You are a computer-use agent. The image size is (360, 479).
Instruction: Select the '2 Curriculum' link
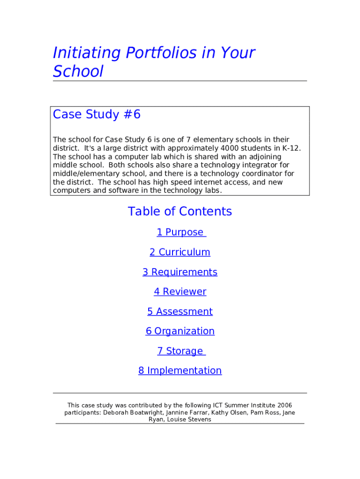click(x=180, y=252)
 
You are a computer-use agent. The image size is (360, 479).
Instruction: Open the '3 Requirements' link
click(x=180, y=272)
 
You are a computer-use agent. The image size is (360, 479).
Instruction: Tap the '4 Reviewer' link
click(x=180, y=292)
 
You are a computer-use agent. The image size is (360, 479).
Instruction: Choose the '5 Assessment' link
click(x=180, y=312)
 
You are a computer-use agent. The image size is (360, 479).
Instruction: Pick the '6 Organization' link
click(x=180, y=331)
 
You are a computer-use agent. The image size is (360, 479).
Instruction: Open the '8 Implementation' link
click(x=180, y=370)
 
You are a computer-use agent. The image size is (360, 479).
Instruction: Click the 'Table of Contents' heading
click(x=180, y=211)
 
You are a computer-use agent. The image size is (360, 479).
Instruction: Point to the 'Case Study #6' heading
click(x=97, y=115)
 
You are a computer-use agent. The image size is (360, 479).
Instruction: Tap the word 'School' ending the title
click(x=78, y=72)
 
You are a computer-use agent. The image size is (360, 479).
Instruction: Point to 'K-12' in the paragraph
click(x=291, y=148)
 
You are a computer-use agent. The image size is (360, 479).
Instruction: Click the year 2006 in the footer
click(x=285, y=405)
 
